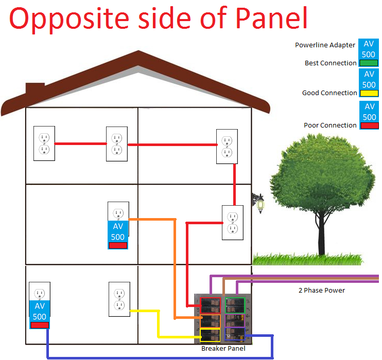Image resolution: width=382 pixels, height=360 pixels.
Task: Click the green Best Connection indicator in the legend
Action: tap(369, 63)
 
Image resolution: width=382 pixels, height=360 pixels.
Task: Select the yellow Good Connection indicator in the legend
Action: tap(369, 93)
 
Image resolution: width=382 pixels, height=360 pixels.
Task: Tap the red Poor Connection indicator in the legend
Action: tap(370, 125)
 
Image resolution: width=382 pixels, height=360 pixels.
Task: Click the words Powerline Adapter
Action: tap(325, 45)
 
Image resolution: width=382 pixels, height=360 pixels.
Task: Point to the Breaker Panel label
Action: tap(223, 349)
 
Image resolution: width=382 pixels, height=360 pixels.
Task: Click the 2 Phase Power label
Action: tap(322, 291)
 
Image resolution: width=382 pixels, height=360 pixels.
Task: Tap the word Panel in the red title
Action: tap(271, 18)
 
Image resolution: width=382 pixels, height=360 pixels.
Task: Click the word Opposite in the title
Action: tap(69, 20)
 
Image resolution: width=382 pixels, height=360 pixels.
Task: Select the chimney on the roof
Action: tap(35, 89)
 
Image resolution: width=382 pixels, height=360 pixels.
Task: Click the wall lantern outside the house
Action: tap(259, 203)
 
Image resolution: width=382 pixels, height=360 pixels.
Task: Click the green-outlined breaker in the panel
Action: tap(235, 305)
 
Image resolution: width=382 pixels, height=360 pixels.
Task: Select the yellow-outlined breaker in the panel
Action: tap(210, 335)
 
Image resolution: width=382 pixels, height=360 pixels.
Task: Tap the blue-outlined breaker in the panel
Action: tap(235, 334)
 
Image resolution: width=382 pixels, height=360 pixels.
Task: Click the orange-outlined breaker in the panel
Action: tap(210, 321)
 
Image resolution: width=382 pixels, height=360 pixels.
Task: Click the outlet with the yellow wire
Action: tap(119, 299)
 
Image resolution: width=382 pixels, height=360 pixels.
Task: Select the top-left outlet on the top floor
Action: tap(44, 143)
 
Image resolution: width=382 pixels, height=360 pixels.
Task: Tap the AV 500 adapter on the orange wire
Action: tap(118, 235)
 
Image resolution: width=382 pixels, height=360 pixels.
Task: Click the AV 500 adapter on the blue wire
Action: tap(40, 315)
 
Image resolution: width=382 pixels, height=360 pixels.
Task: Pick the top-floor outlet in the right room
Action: tap(227, 147)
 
